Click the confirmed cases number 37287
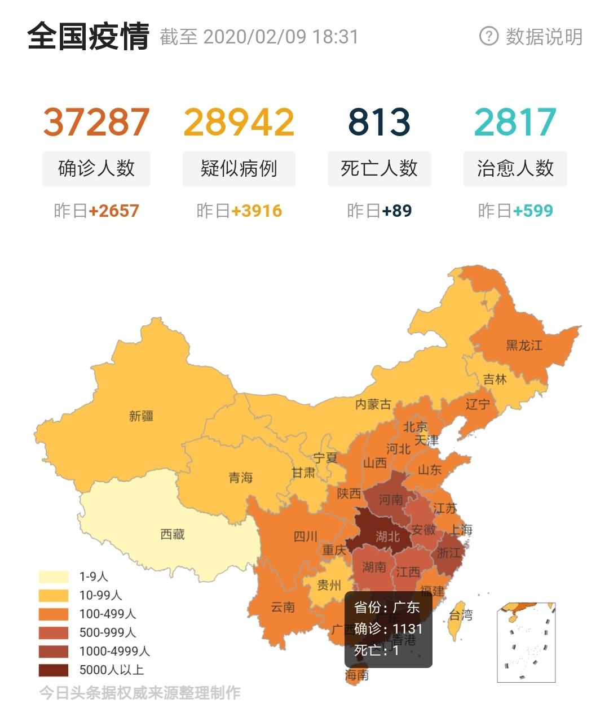coord(96,122)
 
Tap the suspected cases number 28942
coord(239,122)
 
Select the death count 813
coord(379,122)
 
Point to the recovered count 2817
coord(515,122)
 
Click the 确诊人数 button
coord(96,168)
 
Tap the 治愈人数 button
coord(515,168)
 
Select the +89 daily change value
coord(396,211)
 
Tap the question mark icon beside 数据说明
coord(488,36)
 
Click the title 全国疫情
coord(88,36)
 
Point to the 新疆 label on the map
coord(141,416)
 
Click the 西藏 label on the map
coord(173,534)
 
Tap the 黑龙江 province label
coord(524,345)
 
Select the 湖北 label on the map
coord(387,536)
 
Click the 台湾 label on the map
coord(461,615)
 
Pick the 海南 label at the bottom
coord(357,675)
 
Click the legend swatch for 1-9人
coord(54,577)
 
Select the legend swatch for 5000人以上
coord(54,670)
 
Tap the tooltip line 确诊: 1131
coord(388,629)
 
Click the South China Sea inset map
coord(526,643)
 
